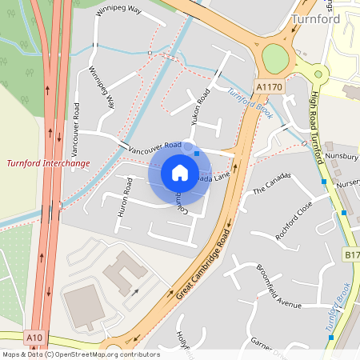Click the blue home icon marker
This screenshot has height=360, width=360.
(180, 173)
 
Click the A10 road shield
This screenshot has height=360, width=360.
(33, 338)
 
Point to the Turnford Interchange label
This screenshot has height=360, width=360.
(48, 163)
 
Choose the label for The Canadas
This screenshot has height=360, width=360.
(269, 186)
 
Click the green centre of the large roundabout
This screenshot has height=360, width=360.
(274, 57)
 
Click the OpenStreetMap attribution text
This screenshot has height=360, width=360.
(80, 354)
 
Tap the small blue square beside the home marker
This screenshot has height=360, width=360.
(197, 153)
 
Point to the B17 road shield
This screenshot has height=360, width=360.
(351, 254)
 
